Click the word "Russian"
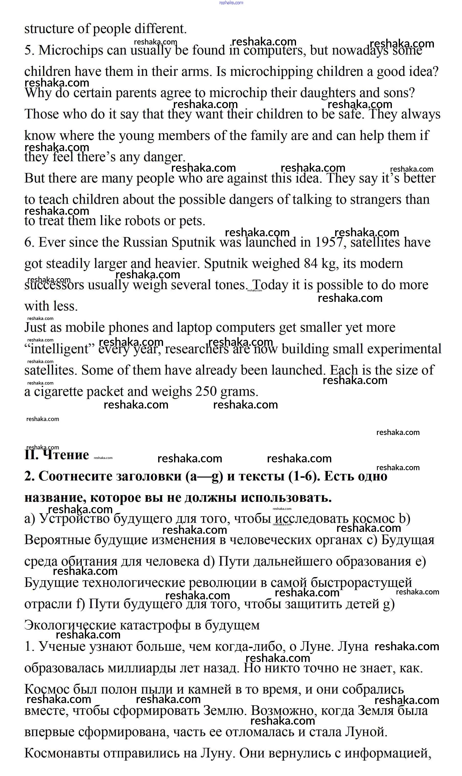tap(145, 242)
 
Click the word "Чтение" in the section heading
tap(66, 455)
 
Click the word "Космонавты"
tap(62, 753)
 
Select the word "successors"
tap(54, 285)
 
